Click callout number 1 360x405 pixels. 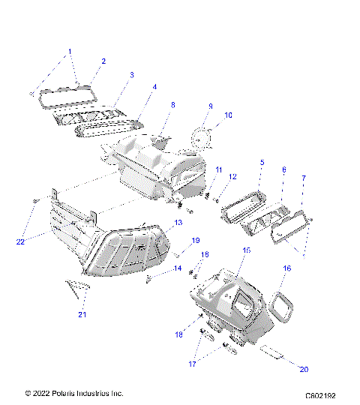click(x=70, y=52)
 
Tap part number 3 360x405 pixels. click(x=131, y=75)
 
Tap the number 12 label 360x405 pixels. click(x=232, y=177)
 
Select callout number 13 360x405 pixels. click(x=178, y=223)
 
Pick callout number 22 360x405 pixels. click(x=21, y=241)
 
